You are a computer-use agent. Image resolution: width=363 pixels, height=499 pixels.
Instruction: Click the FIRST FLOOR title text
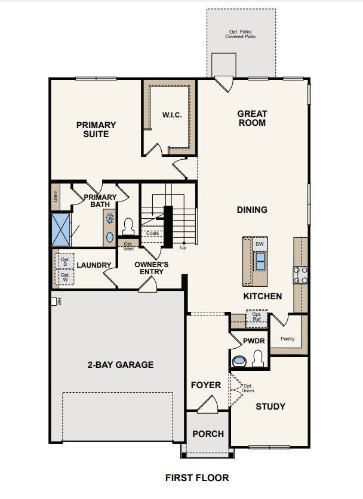click(x=197, y=478)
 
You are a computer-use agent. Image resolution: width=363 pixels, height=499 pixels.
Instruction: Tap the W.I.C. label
click(x=172, y=115)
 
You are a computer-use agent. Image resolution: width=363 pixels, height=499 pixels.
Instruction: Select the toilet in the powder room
click(x=257, y=359)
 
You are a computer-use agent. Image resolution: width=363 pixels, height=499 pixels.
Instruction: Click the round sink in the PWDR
click(x=239, y=361)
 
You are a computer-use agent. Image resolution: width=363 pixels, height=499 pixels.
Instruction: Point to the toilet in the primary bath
click(x=128, y=226)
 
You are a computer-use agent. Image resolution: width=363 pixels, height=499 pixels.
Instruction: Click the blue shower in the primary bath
click(x=60, y=229)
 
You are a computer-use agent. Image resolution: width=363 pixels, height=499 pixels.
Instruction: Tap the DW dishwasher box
click(x=260, y=244)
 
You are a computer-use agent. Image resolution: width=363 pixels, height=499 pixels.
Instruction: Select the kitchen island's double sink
click(x=260, y=261)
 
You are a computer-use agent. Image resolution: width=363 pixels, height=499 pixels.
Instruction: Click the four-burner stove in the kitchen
click(x=300, y=275)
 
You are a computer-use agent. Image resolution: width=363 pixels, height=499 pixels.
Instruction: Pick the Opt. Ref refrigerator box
click(x=257, y=317)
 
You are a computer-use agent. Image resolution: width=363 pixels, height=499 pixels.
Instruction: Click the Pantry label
click(x=287, y=339)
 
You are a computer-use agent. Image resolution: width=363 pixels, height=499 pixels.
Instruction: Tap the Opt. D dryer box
click(x=65, y=262)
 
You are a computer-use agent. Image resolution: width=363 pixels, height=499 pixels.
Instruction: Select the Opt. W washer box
click(x=65, y=277)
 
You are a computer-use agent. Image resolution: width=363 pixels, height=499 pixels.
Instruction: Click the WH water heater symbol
click(x=54, y=301)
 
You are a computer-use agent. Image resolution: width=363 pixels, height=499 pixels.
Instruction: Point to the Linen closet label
click(x=56, y=196)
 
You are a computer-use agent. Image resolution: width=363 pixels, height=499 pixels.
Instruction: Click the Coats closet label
click(x=152, y=233)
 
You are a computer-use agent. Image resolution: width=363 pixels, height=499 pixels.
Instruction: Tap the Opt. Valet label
click(x=128, y=246)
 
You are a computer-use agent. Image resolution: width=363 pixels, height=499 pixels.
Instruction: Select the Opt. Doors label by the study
click(x=248, y=388)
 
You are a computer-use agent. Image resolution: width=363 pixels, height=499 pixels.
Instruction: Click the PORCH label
click(x=208, y=434)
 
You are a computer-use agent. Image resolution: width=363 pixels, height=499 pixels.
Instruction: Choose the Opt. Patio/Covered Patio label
click(x=241, y=34)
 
